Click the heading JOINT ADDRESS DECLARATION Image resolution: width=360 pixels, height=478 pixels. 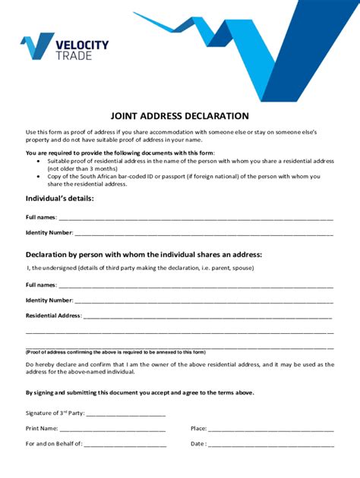pyautogui.click(x=179, y=116)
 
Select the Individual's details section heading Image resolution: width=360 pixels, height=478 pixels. pyautogui.click(x=60, y=198)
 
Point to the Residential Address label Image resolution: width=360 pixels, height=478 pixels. pyautogui.click(x=53, y=315)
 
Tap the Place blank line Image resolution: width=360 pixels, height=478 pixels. pyautogui.click(x=271, y=429)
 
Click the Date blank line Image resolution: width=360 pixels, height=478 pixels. pyautogui.click(x=271, y=444)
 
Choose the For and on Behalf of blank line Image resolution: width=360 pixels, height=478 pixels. pyautogui.click(x=125, y=444)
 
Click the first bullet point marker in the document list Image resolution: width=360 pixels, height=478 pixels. pyautogui.click(x=39, y=162)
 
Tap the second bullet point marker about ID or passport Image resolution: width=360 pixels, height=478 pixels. pyautogui.click(x=39, y=176)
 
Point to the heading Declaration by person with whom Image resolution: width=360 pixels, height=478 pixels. pyautogui.click(x=144, y=254)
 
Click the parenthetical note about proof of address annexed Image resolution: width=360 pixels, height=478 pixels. pyautogui.click(x=115, y=352)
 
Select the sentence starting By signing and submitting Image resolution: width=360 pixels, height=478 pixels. pyautogui.click(x=140, y=393)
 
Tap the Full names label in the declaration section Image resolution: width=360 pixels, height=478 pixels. pyautogui.click(x=41, y=285)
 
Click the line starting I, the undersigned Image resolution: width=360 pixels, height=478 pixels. pyautogui.click(x=140, y=268)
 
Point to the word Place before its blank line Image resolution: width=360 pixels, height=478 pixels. pyautogui.click(x=199, y=429)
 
